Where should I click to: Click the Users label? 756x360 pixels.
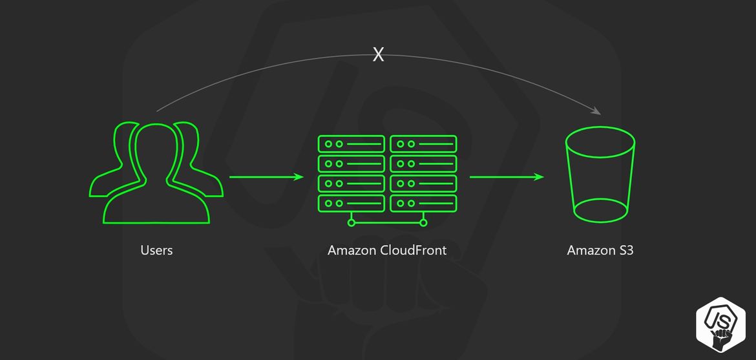pos(156,250)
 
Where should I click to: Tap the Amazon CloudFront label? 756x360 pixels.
pos(386,250)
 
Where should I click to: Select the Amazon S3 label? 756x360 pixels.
pos(600,250)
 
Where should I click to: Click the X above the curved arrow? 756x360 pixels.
pos(379,55)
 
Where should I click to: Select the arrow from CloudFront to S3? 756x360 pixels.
pos(506,176)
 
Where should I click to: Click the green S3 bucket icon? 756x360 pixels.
pos(600,175)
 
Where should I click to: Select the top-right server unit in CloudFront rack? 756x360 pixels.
pos(423,143)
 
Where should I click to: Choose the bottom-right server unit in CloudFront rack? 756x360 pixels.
pos(423,203)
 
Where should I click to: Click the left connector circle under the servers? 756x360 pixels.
pos(351,223)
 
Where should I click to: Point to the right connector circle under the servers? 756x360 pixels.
pos(424,223)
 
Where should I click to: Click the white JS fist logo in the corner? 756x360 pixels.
pos(721,324)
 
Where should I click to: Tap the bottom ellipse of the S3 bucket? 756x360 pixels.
pos(601,210)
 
